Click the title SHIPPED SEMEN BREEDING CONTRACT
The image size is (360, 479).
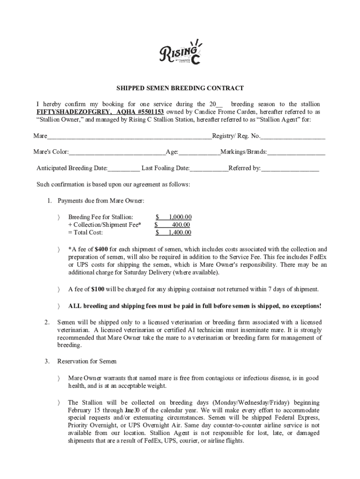(180, 88)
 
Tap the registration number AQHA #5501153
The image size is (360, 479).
(138, 112)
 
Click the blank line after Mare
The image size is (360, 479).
(129, 137)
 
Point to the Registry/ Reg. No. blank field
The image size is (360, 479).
(293, 137)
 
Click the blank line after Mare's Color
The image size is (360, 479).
(117, 152)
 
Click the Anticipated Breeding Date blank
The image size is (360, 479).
(124, 168)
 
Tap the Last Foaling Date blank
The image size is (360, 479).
(209, 168)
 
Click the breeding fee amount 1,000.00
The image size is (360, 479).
(180, 217)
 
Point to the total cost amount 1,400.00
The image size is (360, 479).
(180, 232)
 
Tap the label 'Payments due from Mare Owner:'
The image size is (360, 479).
(101, 201)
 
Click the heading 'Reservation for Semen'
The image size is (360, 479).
(87, 362)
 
